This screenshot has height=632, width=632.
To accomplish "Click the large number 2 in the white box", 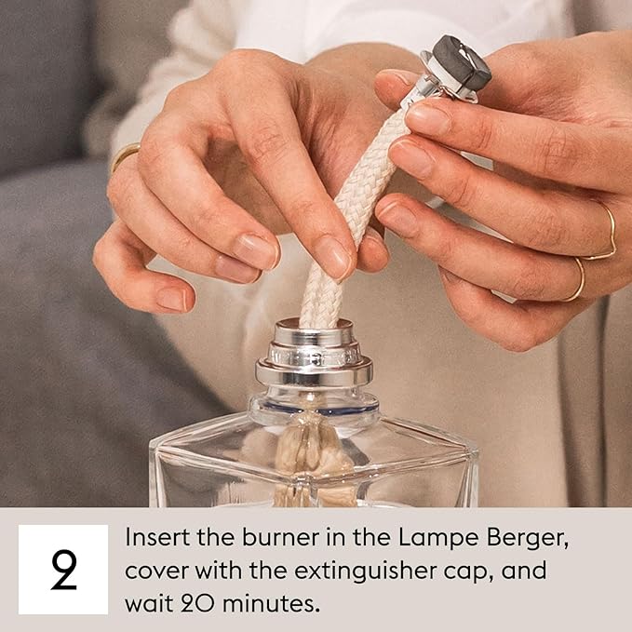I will point(63,571).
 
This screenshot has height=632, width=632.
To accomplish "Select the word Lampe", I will point(405,538).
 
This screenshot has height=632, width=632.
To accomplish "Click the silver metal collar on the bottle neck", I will point(314,358).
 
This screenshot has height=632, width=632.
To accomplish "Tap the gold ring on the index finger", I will point(126,155).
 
